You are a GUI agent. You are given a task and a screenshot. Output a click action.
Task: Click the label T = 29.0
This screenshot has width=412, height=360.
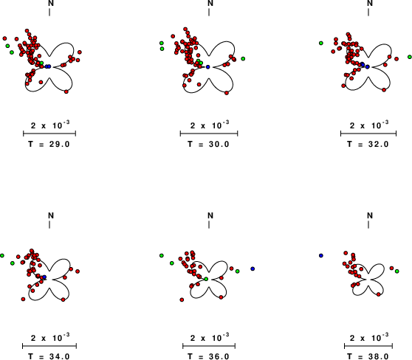(x=49, y=144)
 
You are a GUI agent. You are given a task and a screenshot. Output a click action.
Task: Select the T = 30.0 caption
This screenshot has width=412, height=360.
(x=209, y=144)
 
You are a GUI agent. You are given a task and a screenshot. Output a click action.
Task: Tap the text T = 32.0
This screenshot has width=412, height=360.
(x=368, y=144)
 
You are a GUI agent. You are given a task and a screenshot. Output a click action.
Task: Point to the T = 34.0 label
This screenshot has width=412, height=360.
(x=49, y=356)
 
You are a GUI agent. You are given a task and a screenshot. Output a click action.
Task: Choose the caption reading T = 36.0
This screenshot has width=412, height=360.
(x=209, y=356)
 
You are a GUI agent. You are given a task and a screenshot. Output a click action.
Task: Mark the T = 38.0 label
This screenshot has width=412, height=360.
(x=368, y=356)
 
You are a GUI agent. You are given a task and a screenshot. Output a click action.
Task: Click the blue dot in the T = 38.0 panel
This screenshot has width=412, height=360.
(x=321, y=255)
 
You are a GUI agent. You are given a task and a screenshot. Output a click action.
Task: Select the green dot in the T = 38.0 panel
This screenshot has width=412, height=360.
(x=396, y=271)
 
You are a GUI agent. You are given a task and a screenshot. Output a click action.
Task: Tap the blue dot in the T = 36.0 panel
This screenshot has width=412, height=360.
(x=253, y=269)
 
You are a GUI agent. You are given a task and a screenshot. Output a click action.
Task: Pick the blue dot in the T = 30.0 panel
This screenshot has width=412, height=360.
(x=207, y=67)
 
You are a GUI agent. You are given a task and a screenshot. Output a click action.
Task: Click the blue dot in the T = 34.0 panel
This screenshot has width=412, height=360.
(x=44, y=277)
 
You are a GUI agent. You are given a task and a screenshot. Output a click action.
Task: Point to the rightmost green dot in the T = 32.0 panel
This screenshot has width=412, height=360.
(x=410, y=57)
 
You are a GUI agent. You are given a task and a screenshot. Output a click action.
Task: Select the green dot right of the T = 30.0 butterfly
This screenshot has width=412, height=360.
(x=243, y=59)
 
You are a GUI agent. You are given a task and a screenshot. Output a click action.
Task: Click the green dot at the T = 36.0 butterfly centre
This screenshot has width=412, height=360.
(x=206, y=279)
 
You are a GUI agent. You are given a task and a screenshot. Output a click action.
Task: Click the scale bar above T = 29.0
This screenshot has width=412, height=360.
(x=49, y=134)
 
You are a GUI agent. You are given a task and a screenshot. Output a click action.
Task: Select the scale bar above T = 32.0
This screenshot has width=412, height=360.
(x=368, y=134)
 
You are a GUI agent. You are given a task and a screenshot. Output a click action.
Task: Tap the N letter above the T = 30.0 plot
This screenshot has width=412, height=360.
(x=210, y=3)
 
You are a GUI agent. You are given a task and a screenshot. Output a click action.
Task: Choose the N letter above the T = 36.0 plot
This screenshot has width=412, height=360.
(x=210, y=215)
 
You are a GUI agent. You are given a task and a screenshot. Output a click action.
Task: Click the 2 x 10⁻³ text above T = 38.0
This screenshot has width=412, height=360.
(x=369, y=338)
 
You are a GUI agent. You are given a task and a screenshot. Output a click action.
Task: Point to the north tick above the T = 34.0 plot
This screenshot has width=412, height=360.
(x=49, y=224)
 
